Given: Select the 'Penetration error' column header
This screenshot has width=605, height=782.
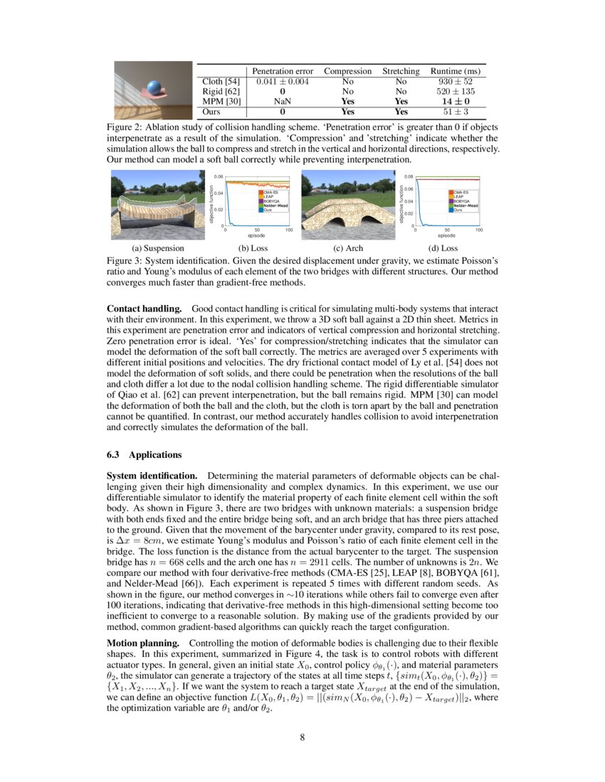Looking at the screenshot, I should (x=281, y=71).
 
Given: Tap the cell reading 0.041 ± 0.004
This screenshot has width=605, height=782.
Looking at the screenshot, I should (x=281, y=82).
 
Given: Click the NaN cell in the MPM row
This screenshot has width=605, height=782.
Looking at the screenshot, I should (x=282, y=102).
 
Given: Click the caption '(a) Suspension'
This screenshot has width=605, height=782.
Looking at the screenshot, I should (x=158, y=248).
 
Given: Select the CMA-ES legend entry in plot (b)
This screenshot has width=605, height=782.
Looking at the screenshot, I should (x=271, y=193).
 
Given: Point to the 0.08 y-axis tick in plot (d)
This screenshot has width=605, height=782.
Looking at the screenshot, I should (x=409, y=176).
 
